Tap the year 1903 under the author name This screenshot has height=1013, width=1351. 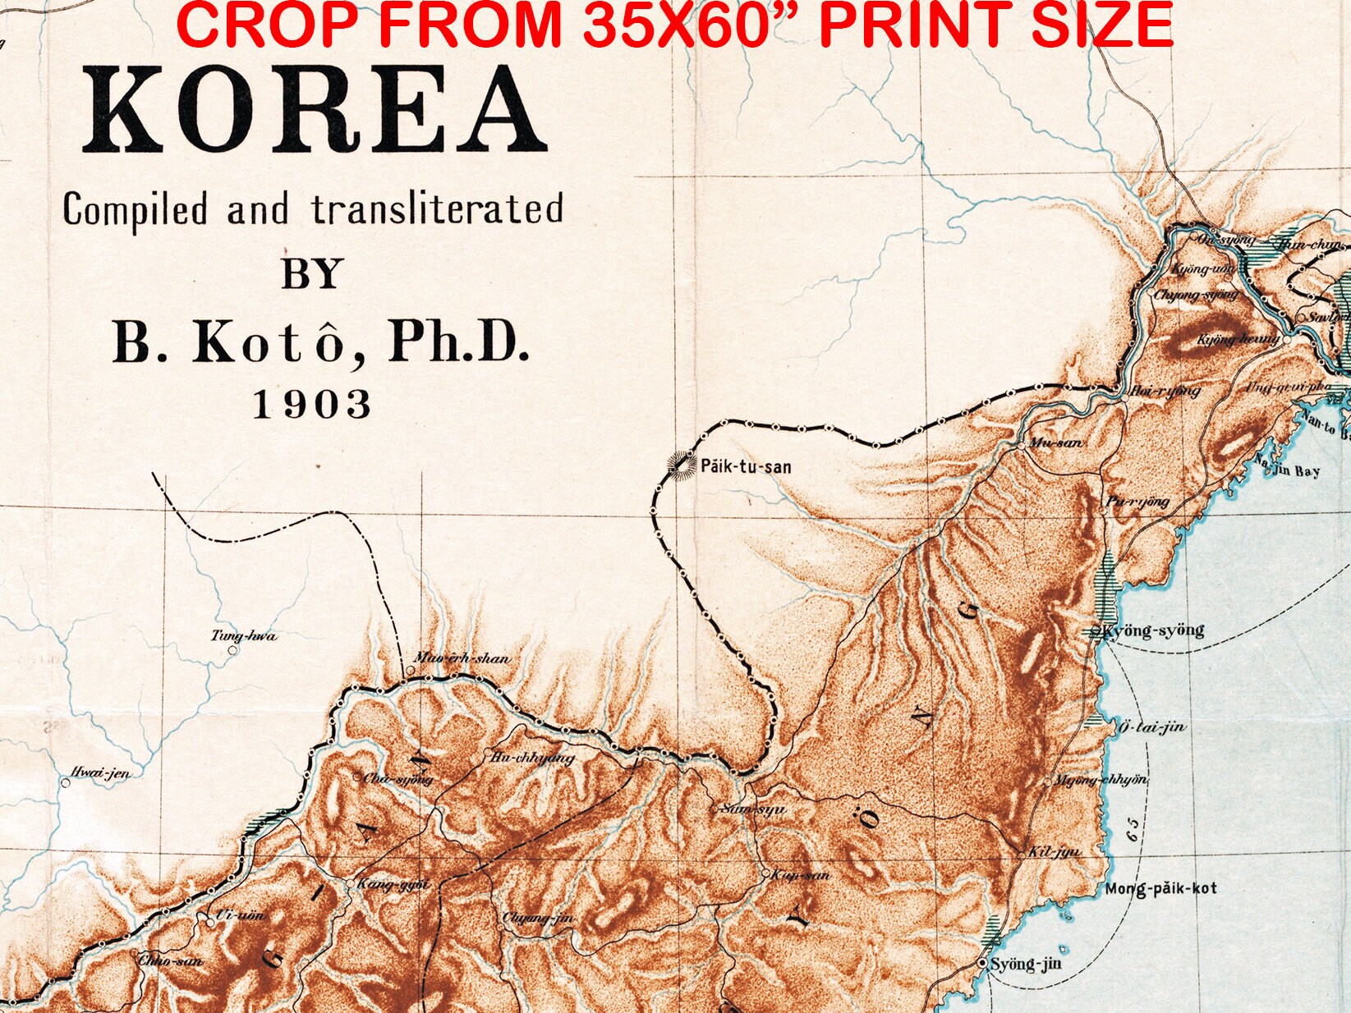pyautogui.click(x=311, y=405)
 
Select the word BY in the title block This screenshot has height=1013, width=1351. pyautogui.click(x=311, y=274)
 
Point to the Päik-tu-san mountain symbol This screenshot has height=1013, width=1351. pyautogui.click(x=681, y=465)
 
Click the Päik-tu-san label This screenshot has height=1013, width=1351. pyautogui.click(x=746, y=467)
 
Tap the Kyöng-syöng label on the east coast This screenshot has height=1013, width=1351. pyautogui.click(x=1153, y=630)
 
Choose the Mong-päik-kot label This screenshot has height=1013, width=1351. pyautogui.click(x=1160, y=888)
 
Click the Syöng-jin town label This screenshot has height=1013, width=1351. pyautogui.click(x=1025, y=963)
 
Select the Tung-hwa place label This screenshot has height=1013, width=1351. pyautogui.click(x=244, y=635)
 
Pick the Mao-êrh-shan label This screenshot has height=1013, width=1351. pyautogui.click(x=462, y=658)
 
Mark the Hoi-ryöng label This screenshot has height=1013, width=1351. pyautogui.click(x=1165, y=391)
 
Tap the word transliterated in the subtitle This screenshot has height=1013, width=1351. pyautogui.click(x=437, y=209)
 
